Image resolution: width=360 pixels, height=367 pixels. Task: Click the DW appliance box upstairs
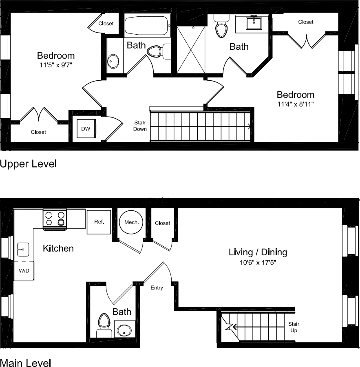coord(86,129)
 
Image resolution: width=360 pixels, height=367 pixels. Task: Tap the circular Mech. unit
coord(131,222)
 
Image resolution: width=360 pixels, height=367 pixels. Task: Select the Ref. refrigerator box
coord(99,222)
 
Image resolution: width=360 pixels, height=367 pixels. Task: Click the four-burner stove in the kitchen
coord(55,218)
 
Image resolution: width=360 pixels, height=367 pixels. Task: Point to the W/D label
coord(24,270)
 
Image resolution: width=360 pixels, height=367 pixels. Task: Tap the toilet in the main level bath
coord(104,324)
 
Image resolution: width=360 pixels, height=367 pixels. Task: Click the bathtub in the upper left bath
coord(146,25)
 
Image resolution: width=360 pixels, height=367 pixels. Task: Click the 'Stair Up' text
coord(294,327)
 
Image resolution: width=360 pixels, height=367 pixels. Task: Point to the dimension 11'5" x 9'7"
coord(56,65)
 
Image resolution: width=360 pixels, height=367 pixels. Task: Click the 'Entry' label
coord(157,288)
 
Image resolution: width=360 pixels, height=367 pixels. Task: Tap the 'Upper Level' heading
coord(28,164)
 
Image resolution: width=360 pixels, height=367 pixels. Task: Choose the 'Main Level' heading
coord(25,363)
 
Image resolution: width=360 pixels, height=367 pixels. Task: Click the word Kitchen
coord(58,248)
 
